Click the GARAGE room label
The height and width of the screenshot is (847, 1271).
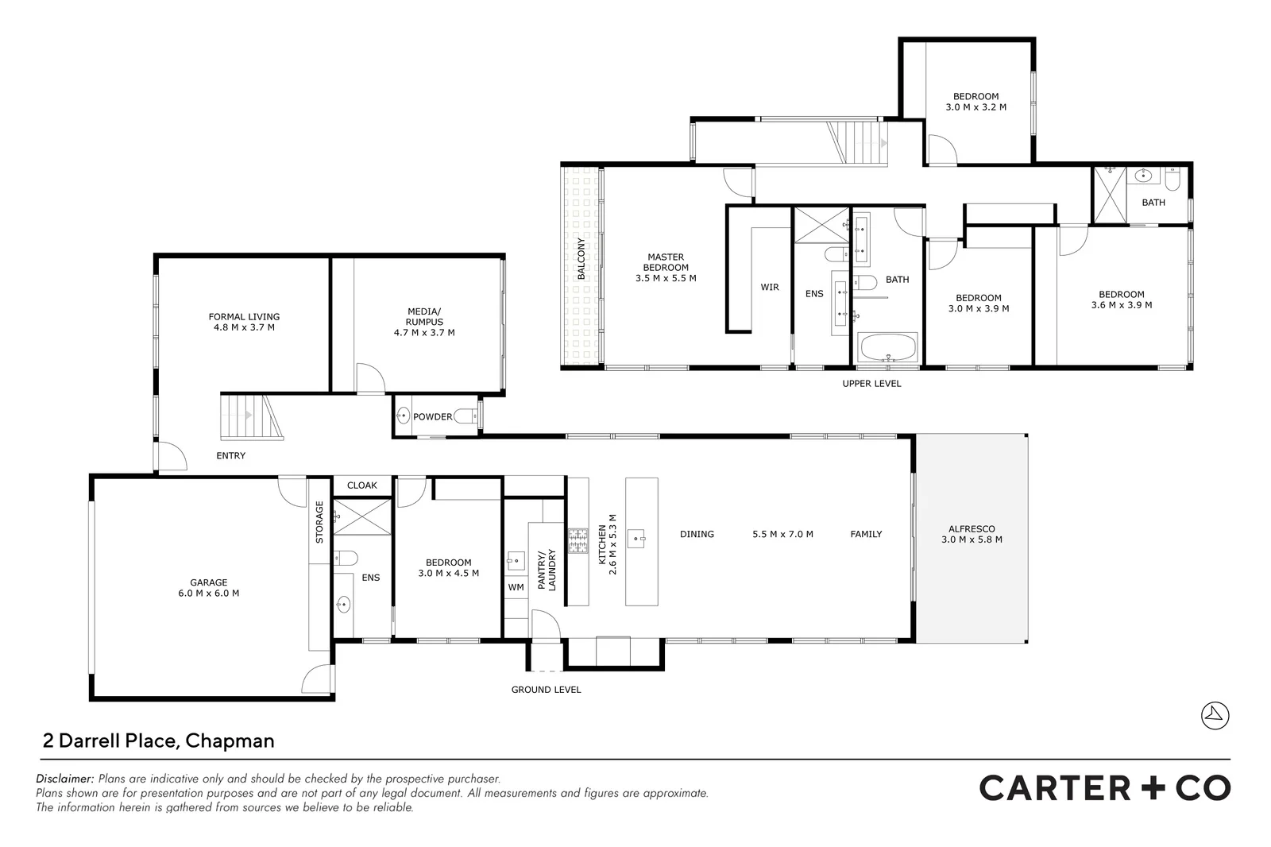[208, 582]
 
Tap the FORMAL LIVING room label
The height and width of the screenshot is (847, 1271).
[244, 316]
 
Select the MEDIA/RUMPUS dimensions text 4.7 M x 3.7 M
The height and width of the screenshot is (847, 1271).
[424, 333]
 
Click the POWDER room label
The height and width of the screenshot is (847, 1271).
[432, 416]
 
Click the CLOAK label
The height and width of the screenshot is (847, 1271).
[362, 485]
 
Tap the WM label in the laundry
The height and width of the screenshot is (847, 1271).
[516, 587]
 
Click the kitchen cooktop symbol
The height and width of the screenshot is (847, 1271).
[577, 542]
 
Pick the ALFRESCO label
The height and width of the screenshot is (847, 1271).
[972, 529]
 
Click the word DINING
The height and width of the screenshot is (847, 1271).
[697, 534]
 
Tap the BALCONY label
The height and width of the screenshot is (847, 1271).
[581, 259]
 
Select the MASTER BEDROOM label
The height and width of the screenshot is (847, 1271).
[666, 262]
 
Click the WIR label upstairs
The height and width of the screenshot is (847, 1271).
[770, 287]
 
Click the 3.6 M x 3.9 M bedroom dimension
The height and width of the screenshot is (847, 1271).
[1122, 305]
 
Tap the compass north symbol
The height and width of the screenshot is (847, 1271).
[1215, 715]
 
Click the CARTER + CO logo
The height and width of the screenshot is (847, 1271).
[1104, 787]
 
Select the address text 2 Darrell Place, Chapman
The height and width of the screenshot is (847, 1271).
[158, 741]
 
